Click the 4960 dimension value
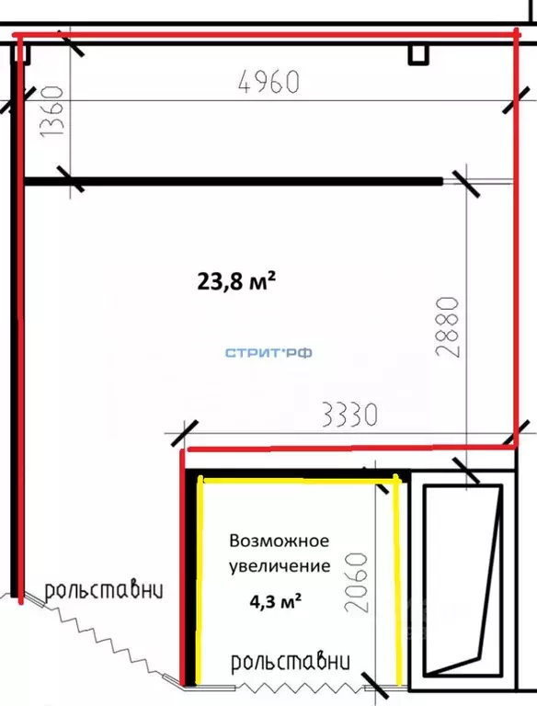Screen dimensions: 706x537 (x=268, y=82)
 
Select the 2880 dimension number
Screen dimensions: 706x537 (x=446, y=331)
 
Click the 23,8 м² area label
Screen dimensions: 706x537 (x=236, y=280)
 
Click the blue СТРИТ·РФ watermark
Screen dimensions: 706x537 (x=269, y=352)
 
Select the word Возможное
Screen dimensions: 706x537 (x=279, y=541)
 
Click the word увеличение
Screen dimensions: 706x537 (x=279, y=565)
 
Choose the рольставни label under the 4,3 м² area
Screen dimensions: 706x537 (x=291, y=661)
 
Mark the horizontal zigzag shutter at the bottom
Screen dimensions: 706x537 (x=303, y=685)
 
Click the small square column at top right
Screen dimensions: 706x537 (x=418, y=54)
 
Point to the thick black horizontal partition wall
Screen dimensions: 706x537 (x=230, y=182)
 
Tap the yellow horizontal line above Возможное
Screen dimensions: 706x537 (x=299, y=479)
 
